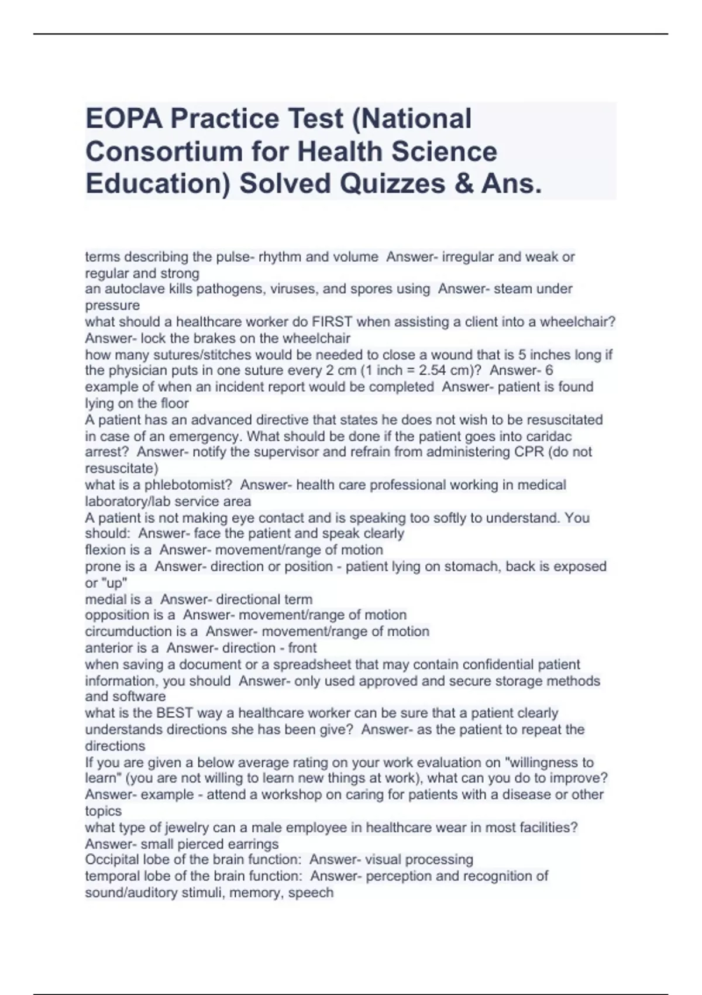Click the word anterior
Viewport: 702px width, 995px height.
109,648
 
